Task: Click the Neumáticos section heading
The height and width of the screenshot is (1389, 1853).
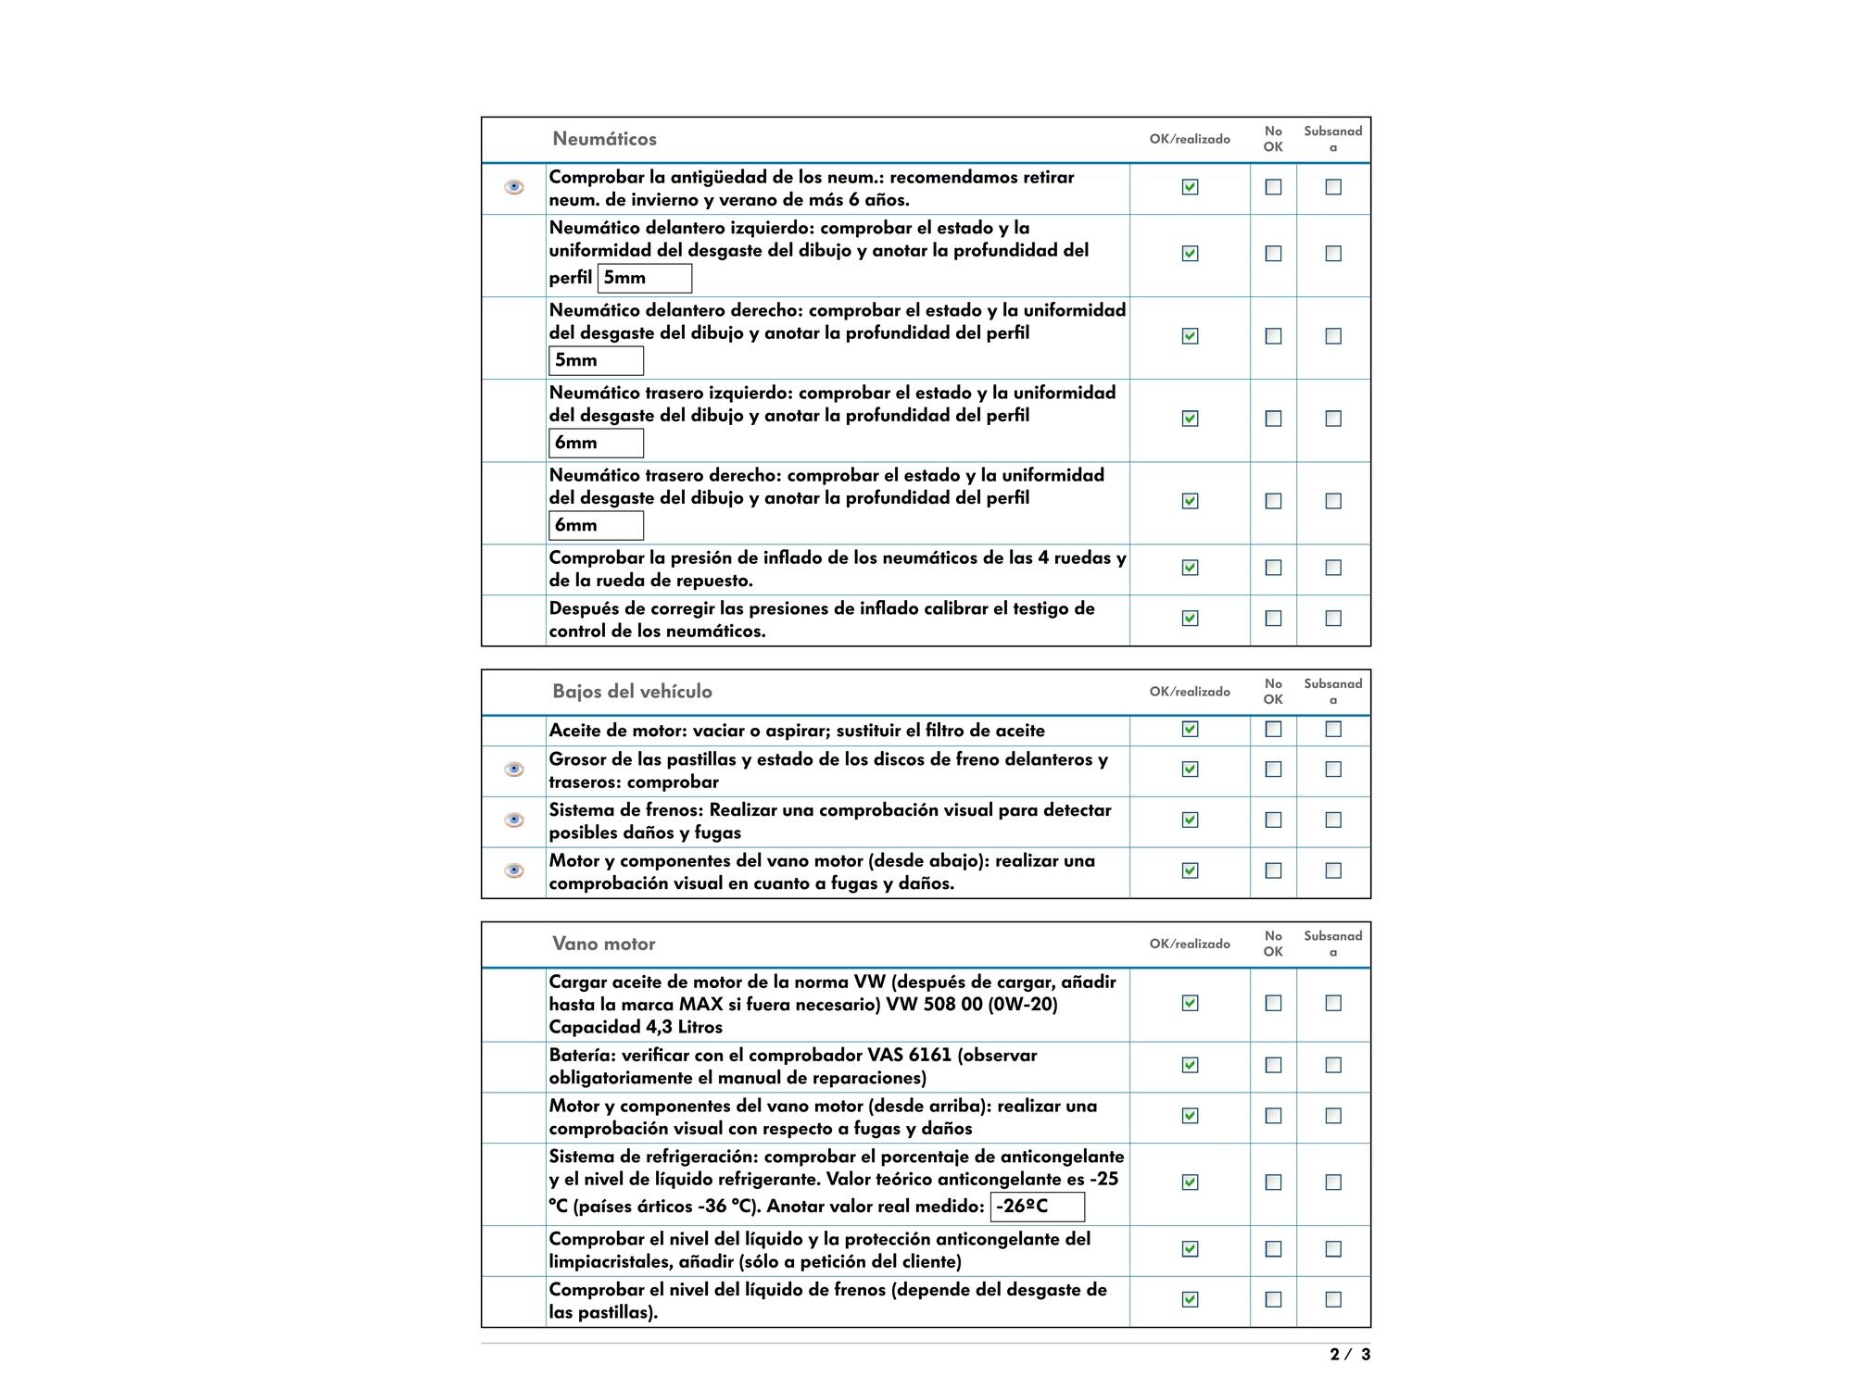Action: [x=604, y=139]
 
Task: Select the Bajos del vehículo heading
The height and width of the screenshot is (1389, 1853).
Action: [x=632, y=692]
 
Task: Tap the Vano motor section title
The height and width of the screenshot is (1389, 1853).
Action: [x=603, y=944]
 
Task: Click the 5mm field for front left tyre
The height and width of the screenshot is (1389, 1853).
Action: [x=644, y=278]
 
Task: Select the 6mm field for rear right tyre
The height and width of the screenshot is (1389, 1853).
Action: [x=596, y=525]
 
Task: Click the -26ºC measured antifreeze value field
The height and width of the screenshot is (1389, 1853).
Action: [x=1037, y=1207]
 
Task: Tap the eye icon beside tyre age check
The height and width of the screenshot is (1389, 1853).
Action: [x=514, y=187]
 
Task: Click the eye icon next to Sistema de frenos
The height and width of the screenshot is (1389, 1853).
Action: [x=514, y=820]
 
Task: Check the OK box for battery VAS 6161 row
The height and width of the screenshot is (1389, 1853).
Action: [x=1191, y=1065]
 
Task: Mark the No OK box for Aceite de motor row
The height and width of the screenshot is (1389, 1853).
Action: [x=1274, y=730]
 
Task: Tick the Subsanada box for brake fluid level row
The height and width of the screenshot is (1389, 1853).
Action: [x=1333, y=1299]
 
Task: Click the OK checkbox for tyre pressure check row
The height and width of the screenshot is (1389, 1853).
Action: [x=1191, y=568]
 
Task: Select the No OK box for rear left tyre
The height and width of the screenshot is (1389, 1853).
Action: [x=1274, y=419]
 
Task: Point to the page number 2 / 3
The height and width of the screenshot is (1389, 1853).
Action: [x=1350, y=1355]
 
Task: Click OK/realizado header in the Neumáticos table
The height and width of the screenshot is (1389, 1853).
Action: [x=1190, y=139]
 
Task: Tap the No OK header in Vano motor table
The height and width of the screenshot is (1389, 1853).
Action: [x=1273, y=944]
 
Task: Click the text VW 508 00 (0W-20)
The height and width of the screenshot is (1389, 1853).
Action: [x=972, y=1004]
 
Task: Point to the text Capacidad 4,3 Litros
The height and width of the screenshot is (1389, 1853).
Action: [x=636, y=1027]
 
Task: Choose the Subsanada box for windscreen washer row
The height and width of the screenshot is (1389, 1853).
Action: [x=1333, y=1249]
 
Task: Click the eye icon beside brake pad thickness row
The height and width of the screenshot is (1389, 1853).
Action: [x=514, y=770]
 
